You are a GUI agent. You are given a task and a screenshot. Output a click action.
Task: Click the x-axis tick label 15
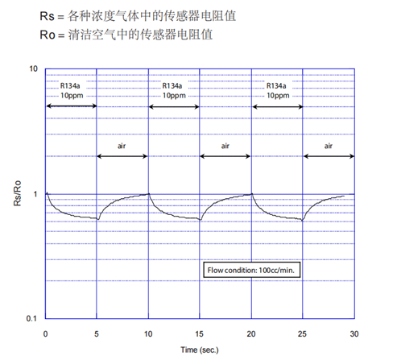199,334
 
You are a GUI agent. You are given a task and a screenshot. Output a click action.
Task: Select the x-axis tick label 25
302,334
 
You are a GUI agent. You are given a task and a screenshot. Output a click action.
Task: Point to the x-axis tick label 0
45,334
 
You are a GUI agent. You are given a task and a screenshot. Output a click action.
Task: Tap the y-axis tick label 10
33,69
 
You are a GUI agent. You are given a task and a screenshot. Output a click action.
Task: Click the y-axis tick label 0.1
31,319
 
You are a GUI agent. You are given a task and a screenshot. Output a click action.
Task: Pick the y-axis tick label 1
35,194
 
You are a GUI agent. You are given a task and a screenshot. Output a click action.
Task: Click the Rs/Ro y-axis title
17,193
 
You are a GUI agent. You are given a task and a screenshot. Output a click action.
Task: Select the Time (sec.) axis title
200,350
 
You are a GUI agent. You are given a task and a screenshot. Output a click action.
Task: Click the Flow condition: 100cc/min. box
251,270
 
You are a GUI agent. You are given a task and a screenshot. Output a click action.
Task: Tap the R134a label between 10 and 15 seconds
172,86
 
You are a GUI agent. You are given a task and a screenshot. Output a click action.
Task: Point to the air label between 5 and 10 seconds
122,146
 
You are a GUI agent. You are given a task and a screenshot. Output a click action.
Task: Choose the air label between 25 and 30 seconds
329,146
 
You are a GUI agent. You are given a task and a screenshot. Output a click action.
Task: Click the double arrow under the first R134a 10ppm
72,106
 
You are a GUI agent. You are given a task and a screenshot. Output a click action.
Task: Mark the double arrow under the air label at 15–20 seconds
225,156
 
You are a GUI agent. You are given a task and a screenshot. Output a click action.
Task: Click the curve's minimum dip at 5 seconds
98,219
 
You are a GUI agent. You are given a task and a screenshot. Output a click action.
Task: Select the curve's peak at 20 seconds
252,193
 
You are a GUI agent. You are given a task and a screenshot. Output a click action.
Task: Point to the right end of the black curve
344,196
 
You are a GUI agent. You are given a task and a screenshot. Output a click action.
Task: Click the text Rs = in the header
52,16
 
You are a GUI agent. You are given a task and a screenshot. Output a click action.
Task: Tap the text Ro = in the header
52,35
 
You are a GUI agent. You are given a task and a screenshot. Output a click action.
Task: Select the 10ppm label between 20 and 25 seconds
278,96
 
